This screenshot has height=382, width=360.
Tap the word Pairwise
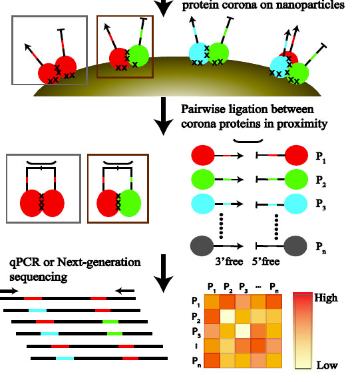204,109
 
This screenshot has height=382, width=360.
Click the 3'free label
229,262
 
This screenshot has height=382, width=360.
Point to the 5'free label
266,262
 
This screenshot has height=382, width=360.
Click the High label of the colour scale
326,298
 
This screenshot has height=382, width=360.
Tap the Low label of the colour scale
327,365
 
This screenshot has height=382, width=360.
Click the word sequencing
38,278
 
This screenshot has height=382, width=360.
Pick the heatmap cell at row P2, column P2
228,317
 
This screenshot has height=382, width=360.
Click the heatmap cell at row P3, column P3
243,331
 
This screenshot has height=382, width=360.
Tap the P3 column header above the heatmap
243,287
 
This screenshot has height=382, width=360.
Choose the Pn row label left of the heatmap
196,361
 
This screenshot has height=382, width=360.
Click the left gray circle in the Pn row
202,246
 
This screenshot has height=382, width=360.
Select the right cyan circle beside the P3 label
295,204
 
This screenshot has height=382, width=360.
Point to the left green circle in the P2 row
203,179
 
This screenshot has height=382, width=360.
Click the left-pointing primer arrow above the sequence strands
124,291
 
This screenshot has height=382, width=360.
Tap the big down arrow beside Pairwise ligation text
164,116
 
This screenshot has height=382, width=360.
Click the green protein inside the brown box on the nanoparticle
138,56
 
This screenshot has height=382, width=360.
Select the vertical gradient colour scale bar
303,331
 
